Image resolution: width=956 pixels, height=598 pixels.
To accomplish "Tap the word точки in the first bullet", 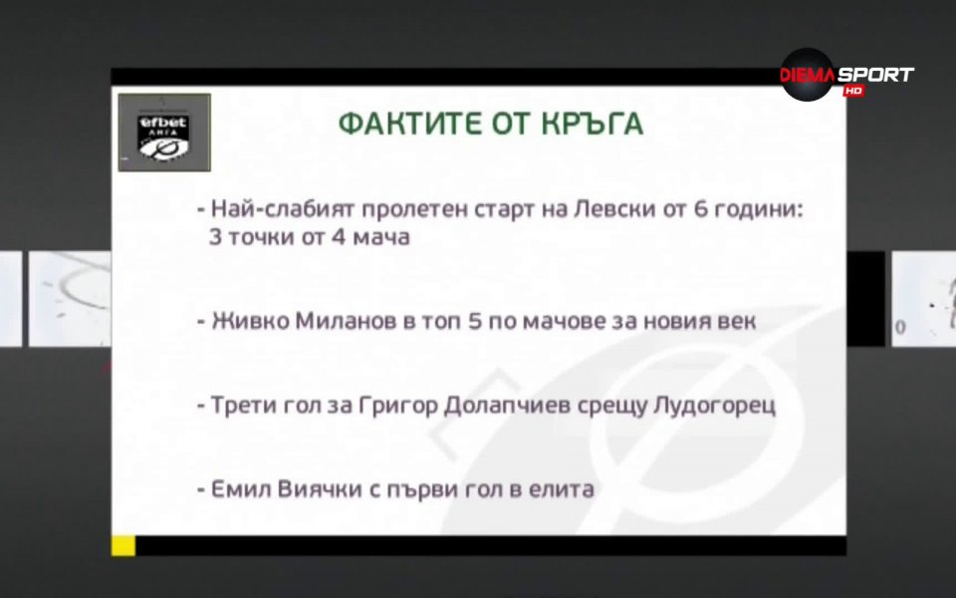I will click(x=264, y=239).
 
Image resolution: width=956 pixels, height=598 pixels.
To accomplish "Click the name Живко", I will click(x=245, y=323).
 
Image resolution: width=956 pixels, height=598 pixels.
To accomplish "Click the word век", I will click(x=736, y=323).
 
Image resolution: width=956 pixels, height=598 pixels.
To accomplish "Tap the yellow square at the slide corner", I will click(x=122, y=545).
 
